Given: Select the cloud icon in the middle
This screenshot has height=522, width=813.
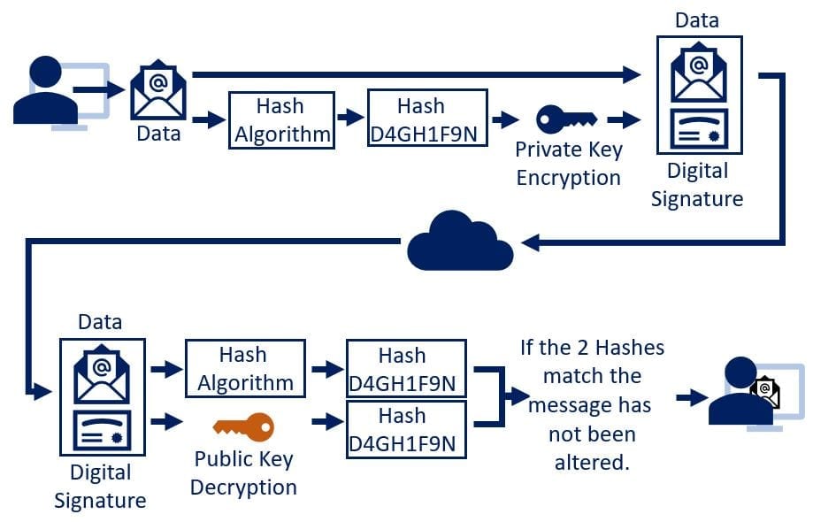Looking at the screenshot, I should [x=460, y=241].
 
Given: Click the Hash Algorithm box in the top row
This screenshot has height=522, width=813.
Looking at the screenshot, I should [x=281, y=119].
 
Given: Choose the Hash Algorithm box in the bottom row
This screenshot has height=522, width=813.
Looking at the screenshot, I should [x=245, y=368].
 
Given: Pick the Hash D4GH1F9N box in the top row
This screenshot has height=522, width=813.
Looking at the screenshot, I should [x=427, y=119].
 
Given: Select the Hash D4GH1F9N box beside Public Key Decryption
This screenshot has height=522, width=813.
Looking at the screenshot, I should [x=406, y=429].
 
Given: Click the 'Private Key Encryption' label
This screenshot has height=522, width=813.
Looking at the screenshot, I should [x=568, y=163].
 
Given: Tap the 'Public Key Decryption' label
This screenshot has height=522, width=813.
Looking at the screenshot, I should [x=243, y=472].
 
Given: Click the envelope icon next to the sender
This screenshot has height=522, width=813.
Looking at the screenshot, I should [x=158, y=89].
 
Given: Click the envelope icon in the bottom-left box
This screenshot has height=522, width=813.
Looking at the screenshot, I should [x=101, y=372].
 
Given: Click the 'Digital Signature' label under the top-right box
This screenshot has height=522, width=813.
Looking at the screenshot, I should [x=697, y=184].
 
